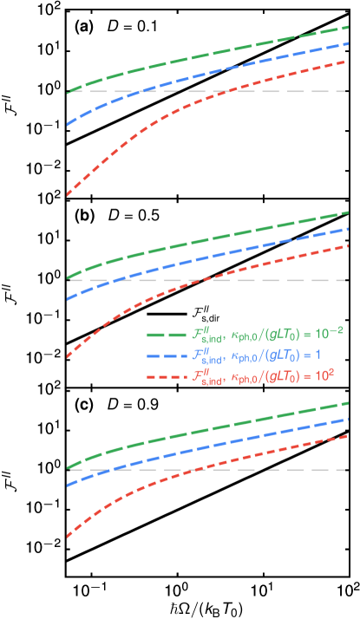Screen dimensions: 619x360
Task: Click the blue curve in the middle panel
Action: (x=217, y=255)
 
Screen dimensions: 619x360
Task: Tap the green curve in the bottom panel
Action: (x=217, y=431)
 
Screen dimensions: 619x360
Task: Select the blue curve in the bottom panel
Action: (x=217, y=446)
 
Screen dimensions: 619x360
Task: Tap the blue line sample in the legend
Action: (x=167, y=355)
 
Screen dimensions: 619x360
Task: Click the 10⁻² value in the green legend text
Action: (x=329, y=333)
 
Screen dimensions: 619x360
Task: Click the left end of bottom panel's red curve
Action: (x=68, y=538)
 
